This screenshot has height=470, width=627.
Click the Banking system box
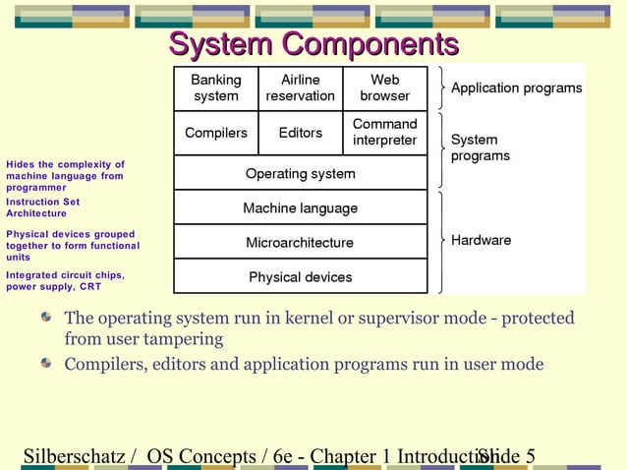point(216,88)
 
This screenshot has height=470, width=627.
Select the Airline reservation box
point(301,88)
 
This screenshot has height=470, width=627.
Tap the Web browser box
point(385,88)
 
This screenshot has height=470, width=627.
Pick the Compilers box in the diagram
point(216,133)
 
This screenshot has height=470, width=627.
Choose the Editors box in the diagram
point(301,133)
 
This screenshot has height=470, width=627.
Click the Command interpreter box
point(385,133)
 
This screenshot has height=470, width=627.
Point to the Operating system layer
point(301,173)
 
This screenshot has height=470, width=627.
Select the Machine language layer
point(301,208)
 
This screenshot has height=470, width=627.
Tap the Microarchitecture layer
point(301,242)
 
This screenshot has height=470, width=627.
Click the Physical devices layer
point(301,277)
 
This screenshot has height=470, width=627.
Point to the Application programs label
point(516,88)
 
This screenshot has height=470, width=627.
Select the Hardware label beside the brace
point(481,240)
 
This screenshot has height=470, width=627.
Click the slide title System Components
point(313,44)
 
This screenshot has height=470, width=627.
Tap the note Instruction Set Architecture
point(43,207)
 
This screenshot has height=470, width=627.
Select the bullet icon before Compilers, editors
point(46,364)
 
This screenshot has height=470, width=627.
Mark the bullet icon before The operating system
point(46,319)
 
